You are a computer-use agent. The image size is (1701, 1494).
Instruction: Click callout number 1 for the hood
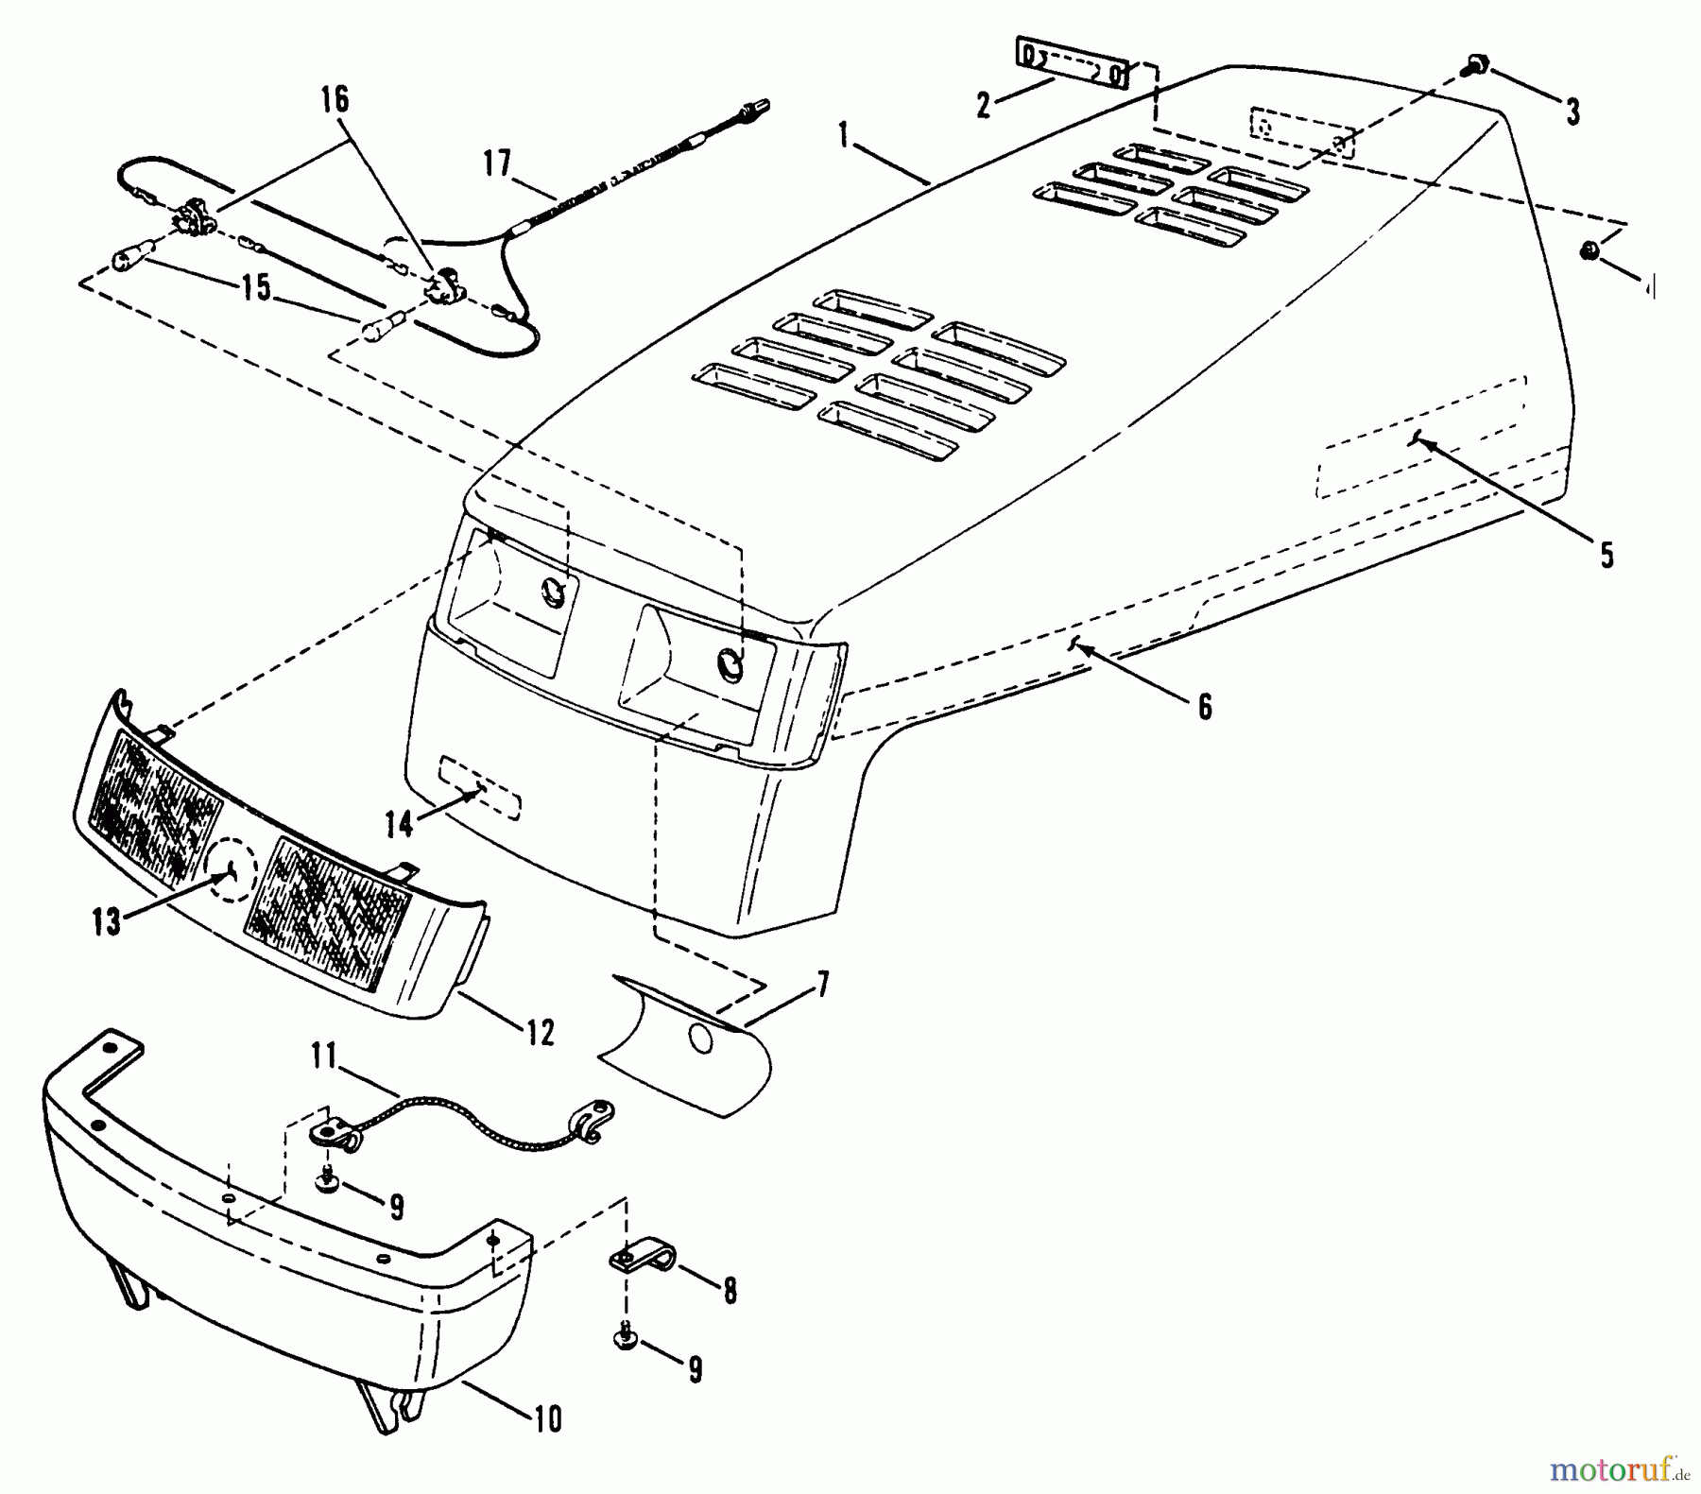pyautogui.click(x=843, y=135)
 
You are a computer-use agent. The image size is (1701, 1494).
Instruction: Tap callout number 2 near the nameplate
pyautogui.click(x=984, y=105)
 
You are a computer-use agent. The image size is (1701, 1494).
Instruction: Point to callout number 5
pyautogui.click(x=1606, y=555)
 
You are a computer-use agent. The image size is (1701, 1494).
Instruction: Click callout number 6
pyautogui.click(x=1204, y=707)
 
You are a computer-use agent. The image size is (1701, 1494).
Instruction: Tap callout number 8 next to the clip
pyautogui.click(x=730, y=1291)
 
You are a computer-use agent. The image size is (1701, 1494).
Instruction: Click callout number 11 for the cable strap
pyautogui.click(x=324, y=1055)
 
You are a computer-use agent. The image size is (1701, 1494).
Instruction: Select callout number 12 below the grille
pyautogui.click(x=540, y=1033)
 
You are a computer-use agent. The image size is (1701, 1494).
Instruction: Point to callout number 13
pyautogui.click(x=107, y=921)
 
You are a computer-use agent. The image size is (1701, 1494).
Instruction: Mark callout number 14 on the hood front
pyautogui.click(x=399, y=824)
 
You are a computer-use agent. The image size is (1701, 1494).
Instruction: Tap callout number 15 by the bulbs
pyautogui.click(x=255, y=286)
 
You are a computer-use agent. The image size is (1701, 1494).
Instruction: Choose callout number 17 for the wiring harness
pyautogui.click(x=497, y=163)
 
